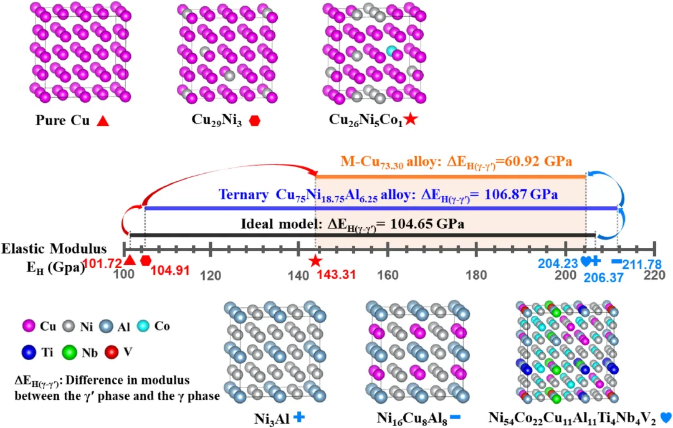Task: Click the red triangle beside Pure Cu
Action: (103, 121)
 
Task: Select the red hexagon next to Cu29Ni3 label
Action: (254, 121)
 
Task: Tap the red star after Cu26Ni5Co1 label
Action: (410, 120)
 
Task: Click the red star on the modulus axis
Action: (315, 261)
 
